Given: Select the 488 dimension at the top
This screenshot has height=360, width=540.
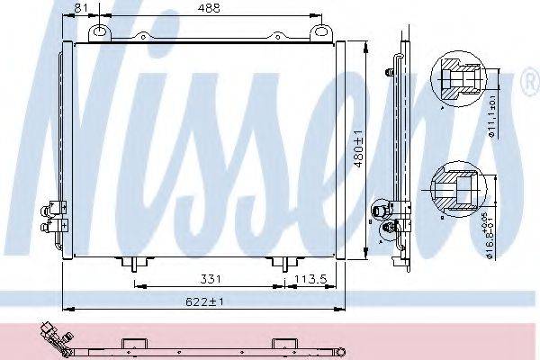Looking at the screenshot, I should point(211,7).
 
